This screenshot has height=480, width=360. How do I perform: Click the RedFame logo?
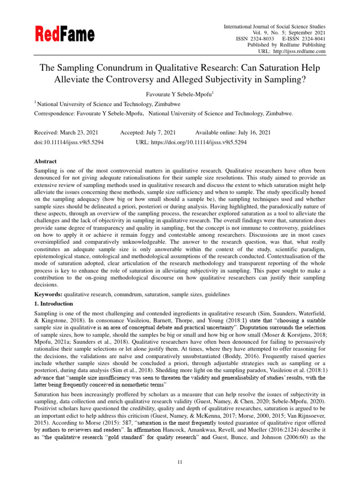[64, 34]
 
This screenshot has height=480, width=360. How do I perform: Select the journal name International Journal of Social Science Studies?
[275, 27]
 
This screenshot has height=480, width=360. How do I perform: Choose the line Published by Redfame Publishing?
[286, 45]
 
